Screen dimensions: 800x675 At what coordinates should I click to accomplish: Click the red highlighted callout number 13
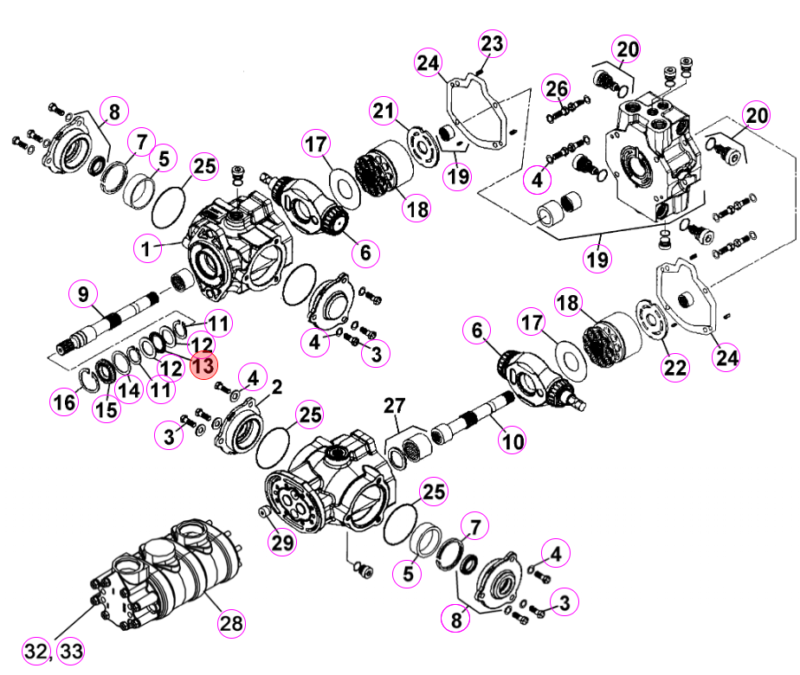coord(204,365)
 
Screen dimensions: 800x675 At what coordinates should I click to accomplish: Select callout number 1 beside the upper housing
coord(147,248)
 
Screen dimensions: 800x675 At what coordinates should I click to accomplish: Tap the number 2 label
coord(277,388)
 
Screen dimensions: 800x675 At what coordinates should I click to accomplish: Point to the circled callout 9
coord(83,294)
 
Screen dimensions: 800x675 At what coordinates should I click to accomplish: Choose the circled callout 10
coord(513,441)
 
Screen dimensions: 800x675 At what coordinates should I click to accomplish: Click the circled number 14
coord(129,390)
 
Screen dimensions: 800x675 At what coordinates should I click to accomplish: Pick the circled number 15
coord(106,408)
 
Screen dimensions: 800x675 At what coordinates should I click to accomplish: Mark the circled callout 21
coord(384,111)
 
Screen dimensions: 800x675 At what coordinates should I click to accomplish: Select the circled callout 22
coord(675,367)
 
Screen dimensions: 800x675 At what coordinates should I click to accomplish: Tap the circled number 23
coord(492,43)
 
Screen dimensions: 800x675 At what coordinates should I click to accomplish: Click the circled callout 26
coord(556,89)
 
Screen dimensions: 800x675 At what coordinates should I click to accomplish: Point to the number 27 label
coord(395,406)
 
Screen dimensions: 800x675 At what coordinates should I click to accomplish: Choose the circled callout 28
coord(231,623)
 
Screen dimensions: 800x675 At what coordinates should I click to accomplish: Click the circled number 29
coord(282,542)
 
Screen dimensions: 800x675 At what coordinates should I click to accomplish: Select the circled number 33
coord(71,651)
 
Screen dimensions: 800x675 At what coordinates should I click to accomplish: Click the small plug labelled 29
coord(264,511)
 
